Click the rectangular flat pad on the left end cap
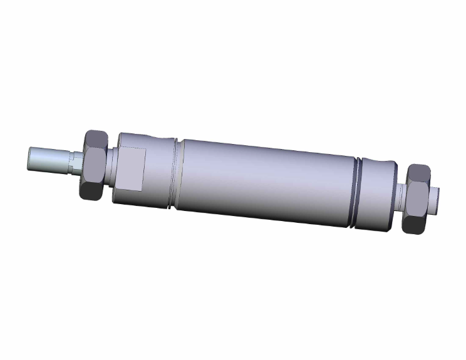pos(132,170)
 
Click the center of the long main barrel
pos(266,182)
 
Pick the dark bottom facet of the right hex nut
pos(415,224)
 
